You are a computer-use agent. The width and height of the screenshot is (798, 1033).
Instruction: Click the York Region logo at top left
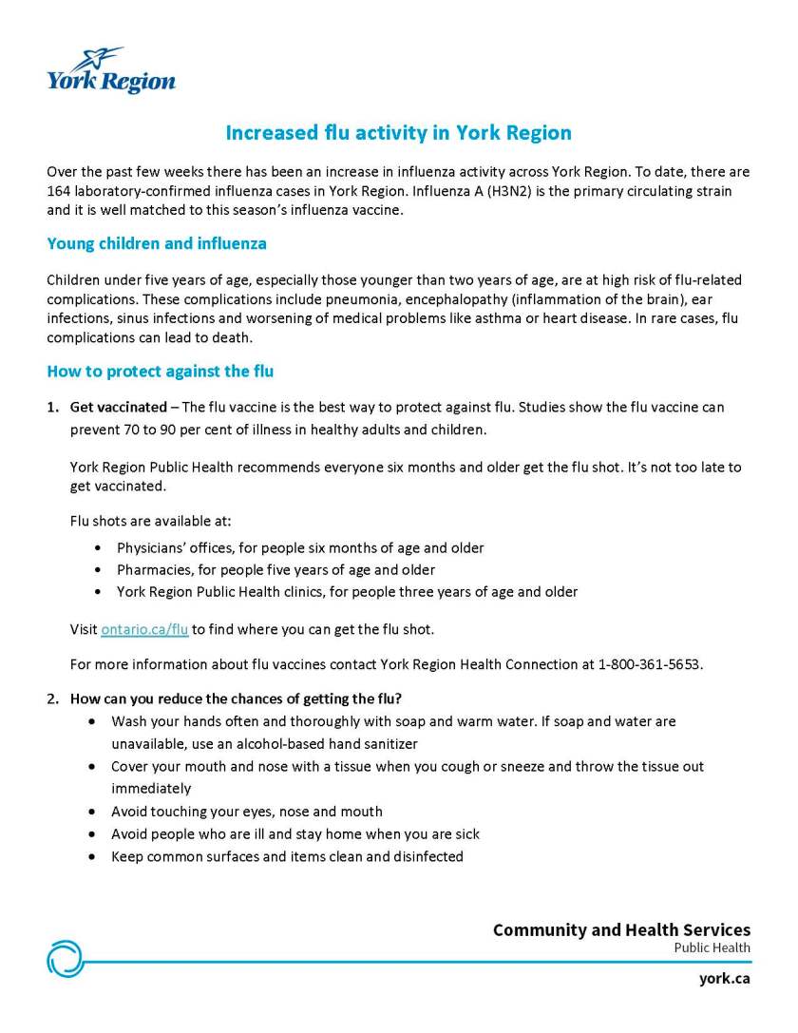tap(111, 71)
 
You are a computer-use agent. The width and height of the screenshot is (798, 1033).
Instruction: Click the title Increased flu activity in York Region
tap(398, 132)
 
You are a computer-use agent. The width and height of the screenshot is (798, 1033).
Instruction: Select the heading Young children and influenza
tap(157, 243)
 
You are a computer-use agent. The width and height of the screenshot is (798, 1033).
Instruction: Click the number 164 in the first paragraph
tap(59, 191)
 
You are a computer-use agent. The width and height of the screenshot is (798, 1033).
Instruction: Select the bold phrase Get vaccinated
tap(118, 407)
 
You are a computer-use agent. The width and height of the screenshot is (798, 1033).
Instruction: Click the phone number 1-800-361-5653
tap(650, 663)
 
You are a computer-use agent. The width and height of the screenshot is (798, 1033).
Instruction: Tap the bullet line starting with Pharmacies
tap(275, 570)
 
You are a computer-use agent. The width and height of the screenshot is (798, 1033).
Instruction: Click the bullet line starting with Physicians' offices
tap(300, 548)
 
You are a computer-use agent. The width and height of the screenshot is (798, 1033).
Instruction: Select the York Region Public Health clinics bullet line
tap(347, 592)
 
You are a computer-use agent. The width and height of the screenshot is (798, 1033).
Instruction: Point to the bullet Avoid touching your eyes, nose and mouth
tap(247, 812)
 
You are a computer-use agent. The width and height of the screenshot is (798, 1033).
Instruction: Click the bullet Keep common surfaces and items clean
tap(287, 856)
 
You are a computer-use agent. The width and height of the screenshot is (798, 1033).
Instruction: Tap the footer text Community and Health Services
tap(621, 929)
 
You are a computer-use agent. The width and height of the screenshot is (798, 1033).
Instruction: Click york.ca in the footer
tap(724, 978)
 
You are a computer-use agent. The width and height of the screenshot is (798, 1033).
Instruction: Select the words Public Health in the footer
tap(712, 947)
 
